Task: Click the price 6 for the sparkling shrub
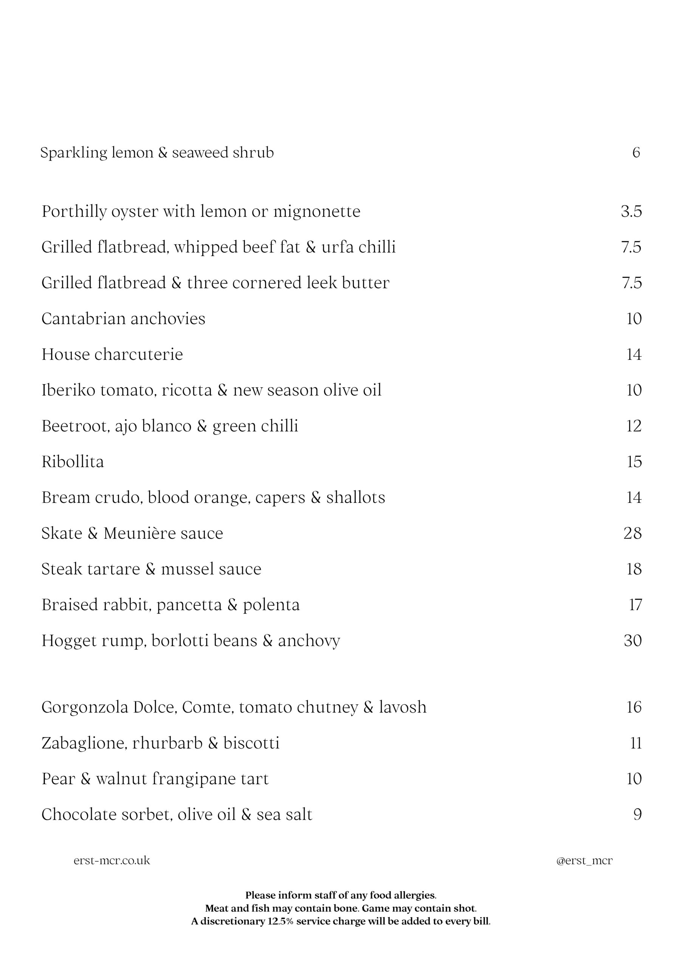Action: (x=636, y=152)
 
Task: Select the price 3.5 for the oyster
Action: (x=631, y=211)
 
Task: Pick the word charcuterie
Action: (x=139, y=355)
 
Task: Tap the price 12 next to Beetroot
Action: (x=634, y=426)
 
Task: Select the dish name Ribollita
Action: (x=73, y=462)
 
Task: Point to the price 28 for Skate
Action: (x=632, y=533)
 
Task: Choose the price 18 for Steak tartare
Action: (x=634, y=569)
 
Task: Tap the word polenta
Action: (x=271, y=605)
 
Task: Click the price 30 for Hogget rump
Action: (x=632, y=641)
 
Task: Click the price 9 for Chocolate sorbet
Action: (x=637, y=814)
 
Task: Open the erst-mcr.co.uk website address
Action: (x=112, y=861)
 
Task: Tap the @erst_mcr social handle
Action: (x=584, y=861)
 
